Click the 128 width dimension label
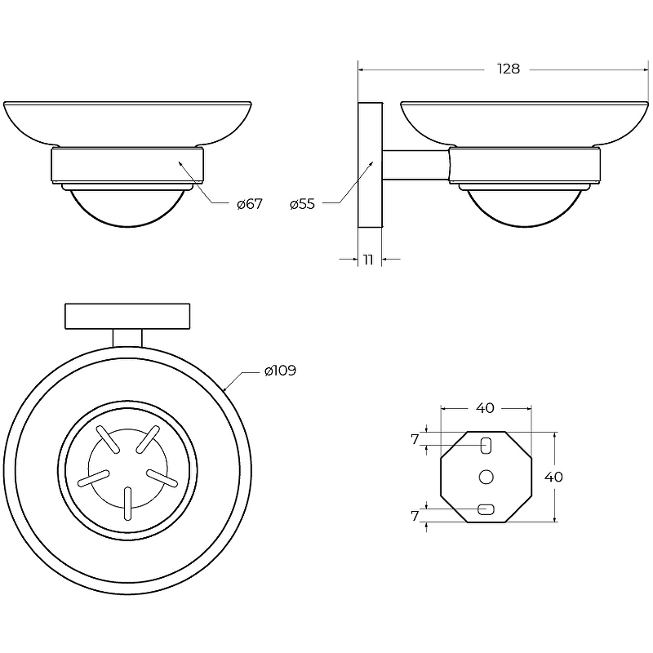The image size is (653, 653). pos(509,69)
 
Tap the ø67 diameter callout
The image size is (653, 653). pos(250,204)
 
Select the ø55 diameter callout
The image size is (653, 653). pos(302,204)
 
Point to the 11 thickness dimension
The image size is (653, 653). pos(368,260)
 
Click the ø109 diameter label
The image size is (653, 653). pos(280,371)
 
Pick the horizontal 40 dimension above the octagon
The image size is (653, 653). pos(485,408)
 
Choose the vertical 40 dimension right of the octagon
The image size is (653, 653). pos(553,477)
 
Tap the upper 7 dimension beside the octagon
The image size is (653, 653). pos(415,439)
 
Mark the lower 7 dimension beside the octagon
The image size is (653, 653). pos(415,516)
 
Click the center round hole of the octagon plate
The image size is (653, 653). pos(486,477)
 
